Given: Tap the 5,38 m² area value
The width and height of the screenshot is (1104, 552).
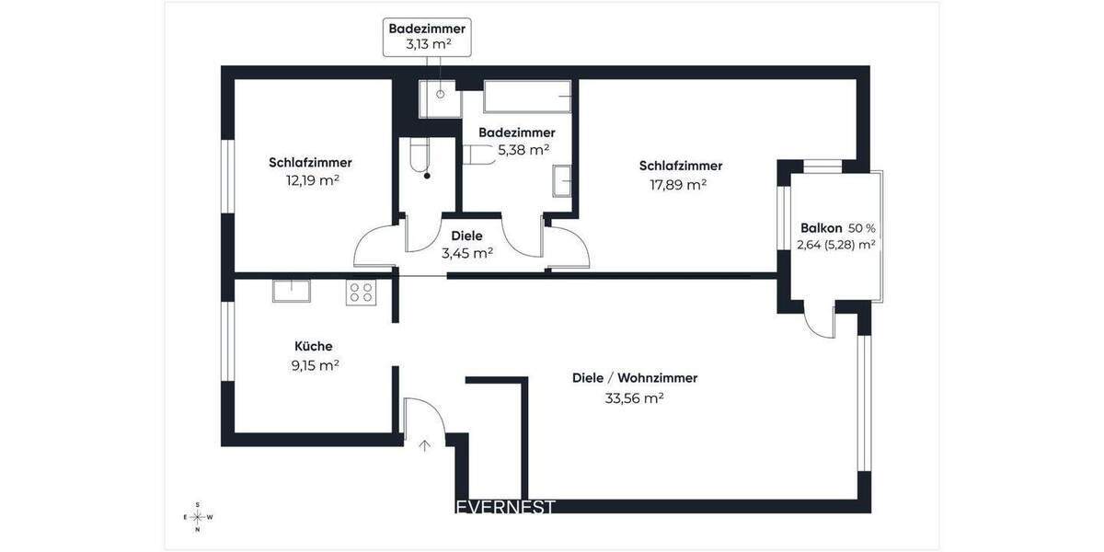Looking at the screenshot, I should (523, 149).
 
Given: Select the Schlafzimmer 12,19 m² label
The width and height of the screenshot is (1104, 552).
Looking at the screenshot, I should (311, 171).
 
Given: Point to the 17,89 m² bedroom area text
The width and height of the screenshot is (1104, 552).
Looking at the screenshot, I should (679, 184).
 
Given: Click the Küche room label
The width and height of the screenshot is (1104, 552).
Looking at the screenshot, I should (313, 347).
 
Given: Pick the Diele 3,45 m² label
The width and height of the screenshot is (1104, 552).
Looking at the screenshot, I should (466, 244).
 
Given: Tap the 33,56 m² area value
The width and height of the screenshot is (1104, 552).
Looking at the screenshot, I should (634, 398).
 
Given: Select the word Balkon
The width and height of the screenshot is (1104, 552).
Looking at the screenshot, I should (821, 227).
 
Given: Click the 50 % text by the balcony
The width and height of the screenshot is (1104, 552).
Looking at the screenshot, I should (861, 227).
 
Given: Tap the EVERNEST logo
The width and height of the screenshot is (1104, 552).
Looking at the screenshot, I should (505, 507).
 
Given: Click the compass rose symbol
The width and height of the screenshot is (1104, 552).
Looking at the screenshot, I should (198, 517).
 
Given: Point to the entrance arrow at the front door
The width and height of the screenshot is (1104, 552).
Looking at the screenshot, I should (424, 447).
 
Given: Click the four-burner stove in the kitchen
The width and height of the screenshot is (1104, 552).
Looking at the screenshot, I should (361, 292).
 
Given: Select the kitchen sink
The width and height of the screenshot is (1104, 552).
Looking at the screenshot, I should (292, 291).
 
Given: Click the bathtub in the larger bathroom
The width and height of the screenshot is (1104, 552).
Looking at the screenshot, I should (529, 96).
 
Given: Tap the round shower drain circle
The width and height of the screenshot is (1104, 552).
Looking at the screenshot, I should (441, 94).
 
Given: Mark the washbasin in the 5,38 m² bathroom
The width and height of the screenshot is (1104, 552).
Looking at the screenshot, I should (562, 180).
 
